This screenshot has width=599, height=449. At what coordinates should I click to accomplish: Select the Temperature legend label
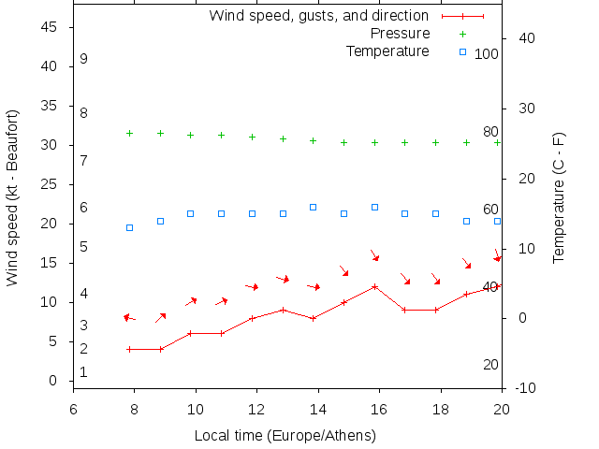pyautogui.click(x=387, y=51)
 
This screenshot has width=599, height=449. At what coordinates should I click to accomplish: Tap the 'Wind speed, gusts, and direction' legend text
pyautogui.click(x=318, y=16)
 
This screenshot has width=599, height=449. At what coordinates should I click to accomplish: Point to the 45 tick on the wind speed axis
pyautogui.click(x=51, y=27)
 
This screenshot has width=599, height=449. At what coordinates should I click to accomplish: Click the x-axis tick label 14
pyautogui.click(x=318, y=409)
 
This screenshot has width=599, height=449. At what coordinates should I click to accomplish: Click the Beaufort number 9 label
pyautogui.click(x=83, y=59)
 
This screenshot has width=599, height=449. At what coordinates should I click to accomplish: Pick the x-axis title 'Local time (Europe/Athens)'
pyautogui.click(x=285, y=436)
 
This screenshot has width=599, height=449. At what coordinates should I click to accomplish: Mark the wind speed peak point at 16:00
pyautogui.click(x=374, y=286)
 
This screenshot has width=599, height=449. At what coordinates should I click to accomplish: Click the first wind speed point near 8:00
pyautogui.click(x=129, y=349)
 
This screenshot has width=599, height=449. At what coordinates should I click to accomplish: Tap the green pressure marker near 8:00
pyautogui.click(x=129, y=133)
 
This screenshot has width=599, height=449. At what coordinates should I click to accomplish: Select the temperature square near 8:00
pyautogui.click(x=129, y=227)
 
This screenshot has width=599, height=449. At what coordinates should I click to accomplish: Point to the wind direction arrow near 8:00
pyautogui.click(x=129, y=319)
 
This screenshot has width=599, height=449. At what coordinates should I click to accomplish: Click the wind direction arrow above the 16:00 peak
pyautogui.click(x=374, y=255)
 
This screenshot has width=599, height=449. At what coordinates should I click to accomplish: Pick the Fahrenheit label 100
pyautogui.click(x=487, y=53)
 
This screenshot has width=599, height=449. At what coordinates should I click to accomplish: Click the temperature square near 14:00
pyautogui.click(x=313, y=207)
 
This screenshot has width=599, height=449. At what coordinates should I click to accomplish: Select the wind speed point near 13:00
pyautogui.click(x=283, y=310)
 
